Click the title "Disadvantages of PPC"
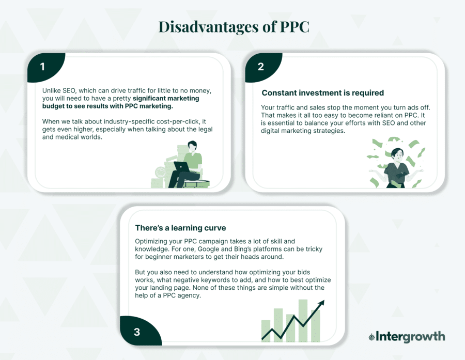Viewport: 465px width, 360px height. (x=234, y=27)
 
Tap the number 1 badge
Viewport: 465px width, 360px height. (x=43, y=67)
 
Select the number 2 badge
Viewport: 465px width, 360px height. (x=260, y=67)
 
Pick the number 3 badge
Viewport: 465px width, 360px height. (x=136, y=332)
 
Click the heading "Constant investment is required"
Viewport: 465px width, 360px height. (x=322, y=93)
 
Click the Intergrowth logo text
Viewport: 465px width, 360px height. (x=410, y=337)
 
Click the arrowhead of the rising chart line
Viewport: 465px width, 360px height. (x=321, y=303)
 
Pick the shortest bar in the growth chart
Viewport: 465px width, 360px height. (x=266, y=331)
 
